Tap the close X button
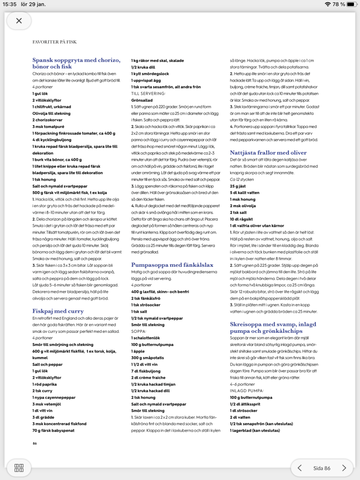coord(19,21)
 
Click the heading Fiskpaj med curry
coord(58,311)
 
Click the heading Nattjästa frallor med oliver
coord(268,152)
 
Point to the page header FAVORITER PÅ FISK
coord(54,42)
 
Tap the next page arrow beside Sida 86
coord(344,468)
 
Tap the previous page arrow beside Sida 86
coord(300,468)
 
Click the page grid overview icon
coord(19,468)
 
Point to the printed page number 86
coord(35,443)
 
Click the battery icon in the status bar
coord(352,4)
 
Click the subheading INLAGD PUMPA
coord(247,390)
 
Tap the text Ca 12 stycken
coord(241,179)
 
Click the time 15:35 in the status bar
coord(9,4)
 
